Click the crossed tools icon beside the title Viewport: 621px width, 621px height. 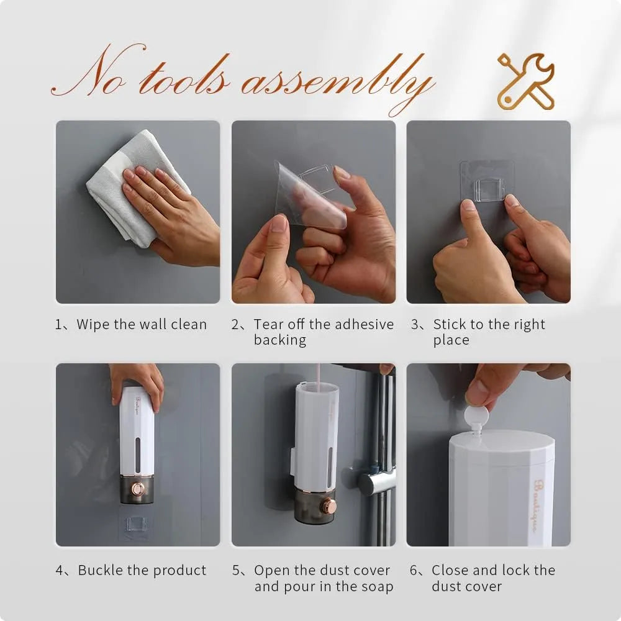pyautogui.click(x=525, y=82)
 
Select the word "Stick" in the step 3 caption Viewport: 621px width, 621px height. pyautogui.click(x=449, y=324)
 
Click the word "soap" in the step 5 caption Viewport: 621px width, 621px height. pyautogui.click(x=376, y=586)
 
